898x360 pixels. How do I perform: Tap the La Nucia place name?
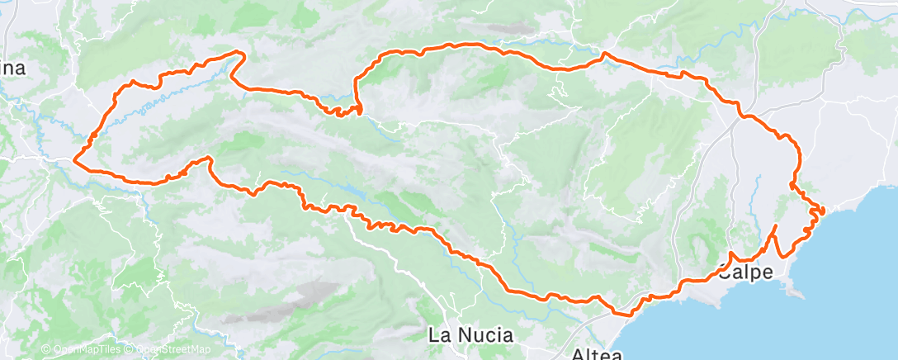pyautogui.click(x=470, y=335)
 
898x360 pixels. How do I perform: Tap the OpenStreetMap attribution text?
pyautogui.click(x=168, y=350)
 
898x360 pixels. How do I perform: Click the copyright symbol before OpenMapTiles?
pyautogui.click(x=46, y=350)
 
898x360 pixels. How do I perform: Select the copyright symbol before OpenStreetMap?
pyautogui.click(x=130, y=350)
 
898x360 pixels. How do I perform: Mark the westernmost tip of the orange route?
pyautogui.click(x=75, y=158)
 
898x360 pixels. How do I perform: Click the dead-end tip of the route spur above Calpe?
pyautogui.click(x=777, y=225)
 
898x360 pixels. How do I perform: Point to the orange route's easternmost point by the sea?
pyautogui.click(x=823, y=211)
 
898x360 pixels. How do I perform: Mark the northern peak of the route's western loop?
pyautogui.click(x=239, y=53)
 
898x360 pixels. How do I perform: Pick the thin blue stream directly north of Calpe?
pyautogui.click(x=756, y=206)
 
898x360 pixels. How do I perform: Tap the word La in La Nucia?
pyautogui.click(x=438, y=335)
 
